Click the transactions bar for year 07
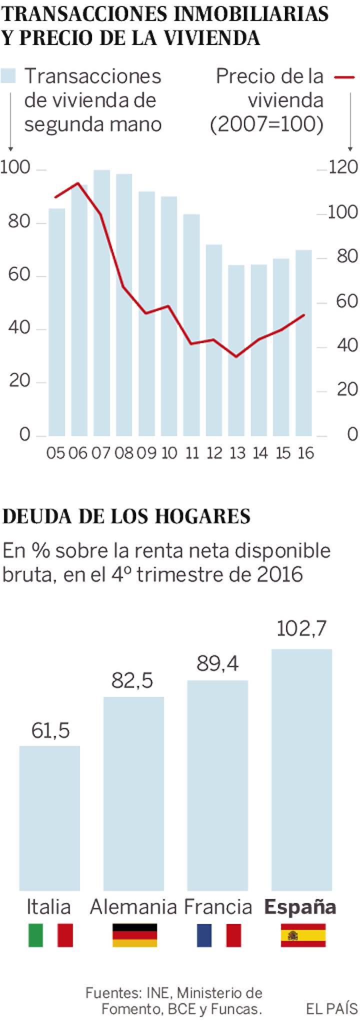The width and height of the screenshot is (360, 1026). [101, 302]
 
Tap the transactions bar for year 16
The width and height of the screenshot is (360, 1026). [303, 342]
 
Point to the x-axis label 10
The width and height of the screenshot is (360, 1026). [169, 453]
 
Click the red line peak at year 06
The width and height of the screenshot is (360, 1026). [77, 183]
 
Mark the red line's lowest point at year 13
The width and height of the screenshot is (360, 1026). [236, 356]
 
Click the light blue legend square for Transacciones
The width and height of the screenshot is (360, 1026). [8, 76]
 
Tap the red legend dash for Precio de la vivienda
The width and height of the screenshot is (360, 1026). [344, 77]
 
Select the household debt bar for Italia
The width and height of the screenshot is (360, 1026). [49, 817]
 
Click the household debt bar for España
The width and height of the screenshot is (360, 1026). [301, 770]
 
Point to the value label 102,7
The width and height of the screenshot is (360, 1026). [301, 628]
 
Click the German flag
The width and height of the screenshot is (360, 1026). [134, 935]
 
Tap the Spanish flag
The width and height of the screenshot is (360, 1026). [303, 935]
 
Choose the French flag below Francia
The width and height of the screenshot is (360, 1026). [218, 935]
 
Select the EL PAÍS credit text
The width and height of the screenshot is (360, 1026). [331, 1008]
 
